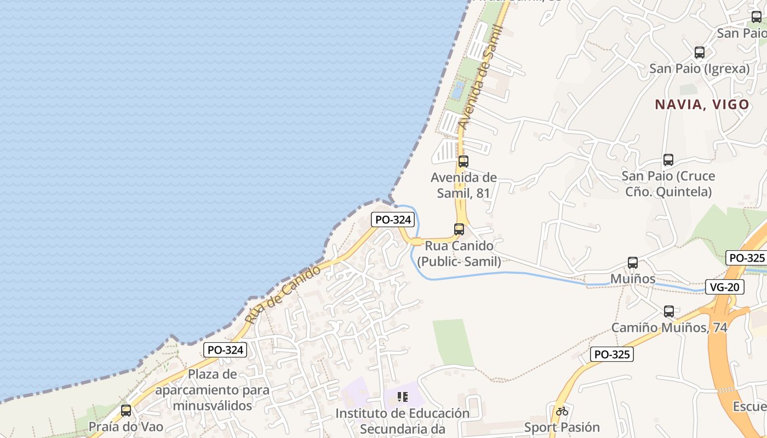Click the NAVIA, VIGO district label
pyautogui.click(x=702, y=104)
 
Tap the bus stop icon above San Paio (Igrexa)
pyautogui.click(x=700, y=53)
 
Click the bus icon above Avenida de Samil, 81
pyautogui.click(x=463, y=161)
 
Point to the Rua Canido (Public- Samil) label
pyautogui.click(x=459, y=253)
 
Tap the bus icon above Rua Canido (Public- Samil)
pyautogui.click(x=459, y=229)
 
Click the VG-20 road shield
pyautogui.click(x=724, y=286)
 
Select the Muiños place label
pyautogui.click(x=633, y=279)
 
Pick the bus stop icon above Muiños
pyautogui.click(x=633, y=263)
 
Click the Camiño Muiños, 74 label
pyautogui.click(x=669, y=327)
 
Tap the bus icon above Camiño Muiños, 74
pyautogui.click(x=669, y=312)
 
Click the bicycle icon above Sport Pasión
pyautogui.click(x=562, y=411)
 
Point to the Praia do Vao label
pyautogui.click(x=126, y=427)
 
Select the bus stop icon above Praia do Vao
pyautogui.click(x=126, y=411)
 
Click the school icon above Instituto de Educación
pyautogui.click(x=403, y=397)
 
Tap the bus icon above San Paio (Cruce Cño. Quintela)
pyautogui.click(x=668, y=160)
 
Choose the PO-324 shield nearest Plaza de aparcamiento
pyautogui.click(x=225, y=350)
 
